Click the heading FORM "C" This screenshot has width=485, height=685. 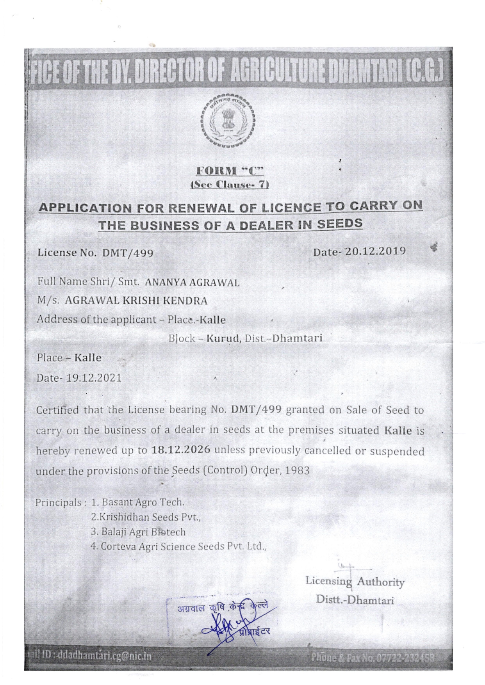coord(230,171)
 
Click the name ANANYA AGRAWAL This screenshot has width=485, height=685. coord(192,283)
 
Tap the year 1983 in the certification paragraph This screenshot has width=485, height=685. coord(298,471)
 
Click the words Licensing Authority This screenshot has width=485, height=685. coord(355,582)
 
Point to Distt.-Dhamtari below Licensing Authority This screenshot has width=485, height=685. coord(355,600)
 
